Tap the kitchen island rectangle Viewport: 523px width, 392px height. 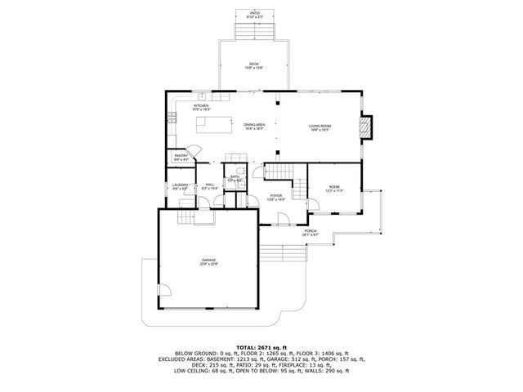(x=213, y=125)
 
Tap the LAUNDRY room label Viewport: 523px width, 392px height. (x=181, y=187)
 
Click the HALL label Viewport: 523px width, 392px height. (x=209, y=187)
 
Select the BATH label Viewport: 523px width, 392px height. (x=235, y=178)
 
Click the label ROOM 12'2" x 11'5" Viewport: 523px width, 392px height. (x=333, y=189)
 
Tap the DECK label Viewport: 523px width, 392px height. (x=254, y=66)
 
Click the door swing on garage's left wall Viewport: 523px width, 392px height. (x=163, y=292)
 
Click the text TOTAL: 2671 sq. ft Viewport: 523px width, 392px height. (x=261, y=347)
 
